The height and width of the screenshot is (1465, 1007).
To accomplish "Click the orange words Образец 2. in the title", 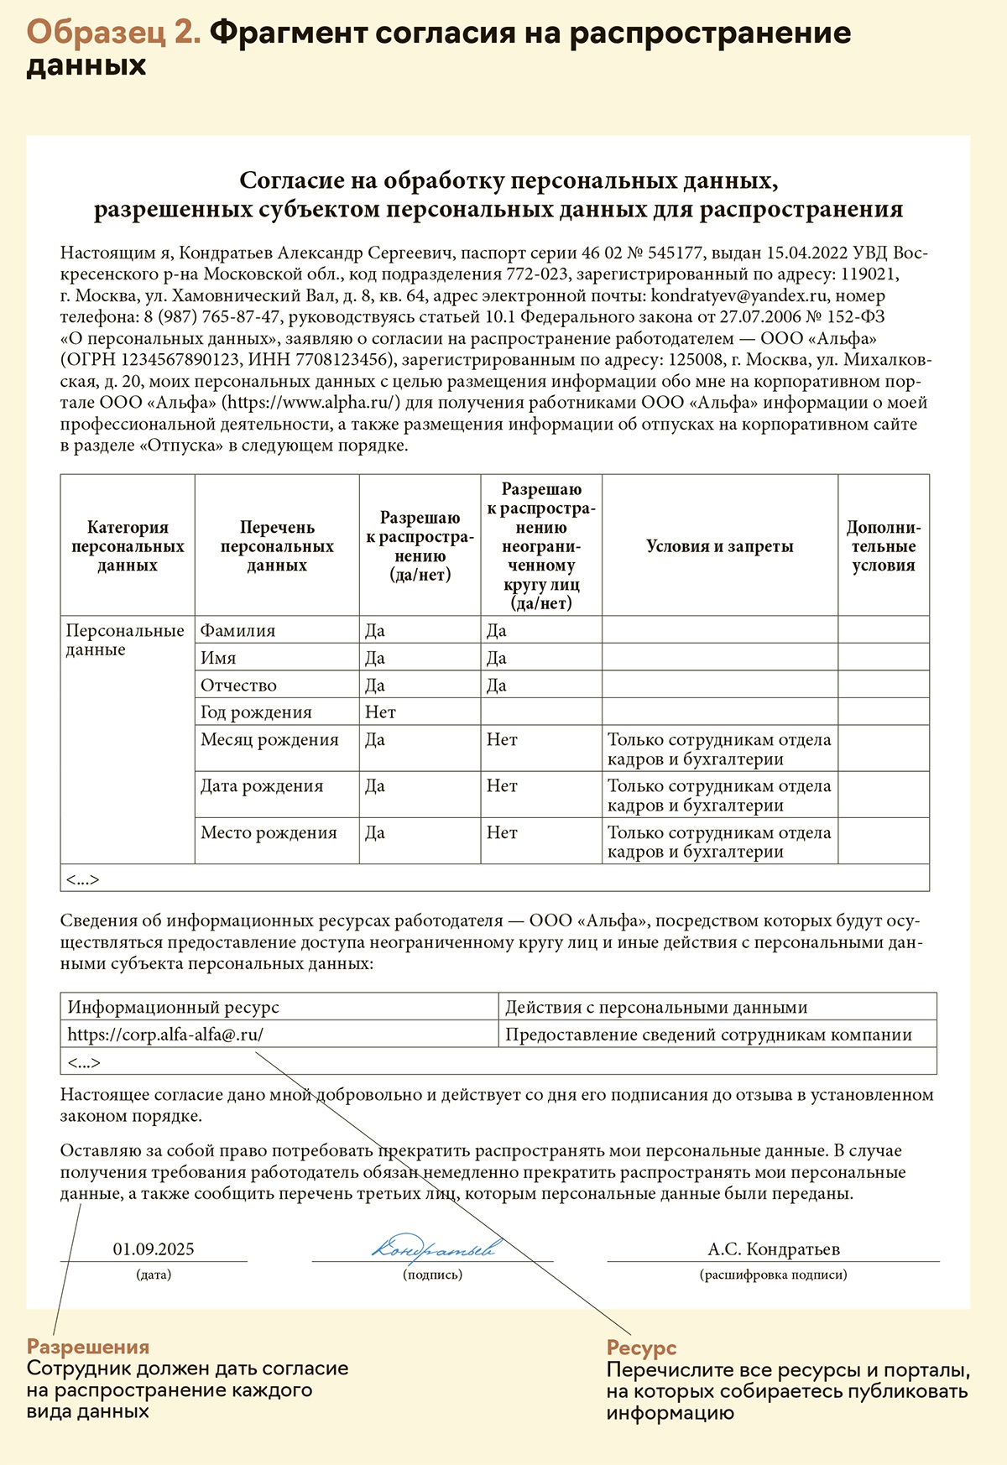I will coord(113,34).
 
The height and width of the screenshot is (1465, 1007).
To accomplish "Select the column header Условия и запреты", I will coord(719,546).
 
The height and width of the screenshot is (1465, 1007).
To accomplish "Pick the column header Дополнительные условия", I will coord(883,546).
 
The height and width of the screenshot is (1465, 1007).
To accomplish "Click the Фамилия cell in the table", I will coord(238,631).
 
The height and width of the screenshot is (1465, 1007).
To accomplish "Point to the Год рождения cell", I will coord(256,712).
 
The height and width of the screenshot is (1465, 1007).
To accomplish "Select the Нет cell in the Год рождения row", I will coord(380,712).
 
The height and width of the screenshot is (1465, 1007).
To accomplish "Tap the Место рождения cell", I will coord(269,833).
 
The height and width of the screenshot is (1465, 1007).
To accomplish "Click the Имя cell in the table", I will coord(218,659).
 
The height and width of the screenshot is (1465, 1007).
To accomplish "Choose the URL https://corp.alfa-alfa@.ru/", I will coord(165,1035).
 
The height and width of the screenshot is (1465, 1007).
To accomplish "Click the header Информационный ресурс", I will coord(173,1008).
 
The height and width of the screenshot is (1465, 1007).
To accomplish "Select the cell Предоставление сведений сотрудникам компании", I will coord(708,1035).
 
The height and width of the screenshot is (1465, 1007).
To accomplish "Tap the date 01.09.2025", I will coord(154,1249).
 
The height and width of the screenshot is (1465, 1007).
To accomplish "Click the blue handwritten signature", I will coord(433,1249).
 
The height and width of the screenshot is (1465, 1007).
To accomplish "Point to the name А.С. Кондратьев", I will coord(773,1249).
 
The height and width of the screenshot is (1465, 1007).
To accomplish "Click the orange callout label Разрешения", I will coord(88,1348).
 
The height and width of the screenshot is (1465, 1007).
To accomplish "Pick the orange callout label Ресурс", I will coord(641,1348).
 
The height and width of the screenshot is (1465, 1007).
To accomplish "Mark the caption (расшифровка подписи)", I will coord(773,1275).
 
